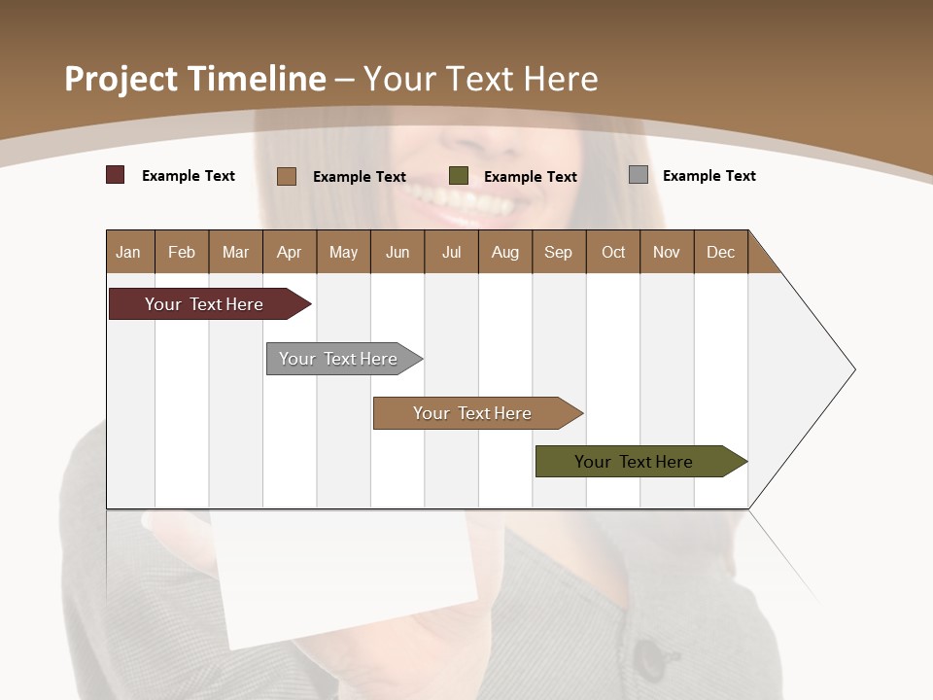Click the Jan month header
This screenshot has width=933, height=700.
pos(128,252)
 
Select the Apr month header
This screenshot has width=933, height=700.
pos(289,252)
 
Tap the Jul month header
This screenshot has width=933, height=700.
pos(451,252)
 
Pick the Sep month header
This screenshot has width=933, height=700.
pos(558,252)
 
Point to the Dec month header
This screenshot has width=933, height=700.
pos(720,252)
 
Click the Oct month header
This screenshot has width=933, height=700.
pos(612,252)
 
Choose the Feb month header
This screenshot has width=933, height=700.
pos(182,252)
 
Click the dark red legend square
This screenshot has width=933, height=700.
pos(116,175)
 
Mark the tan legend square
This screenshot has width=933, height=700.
pos(287,176)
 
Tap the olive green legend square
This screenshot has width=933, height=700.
pos(459,176)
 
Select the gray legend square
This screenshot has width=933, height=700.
pos(639,175)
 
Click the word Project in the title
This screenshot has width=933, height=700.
pos(120,79)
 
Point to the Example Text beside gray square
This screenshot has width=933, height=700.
pos(708,176)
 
